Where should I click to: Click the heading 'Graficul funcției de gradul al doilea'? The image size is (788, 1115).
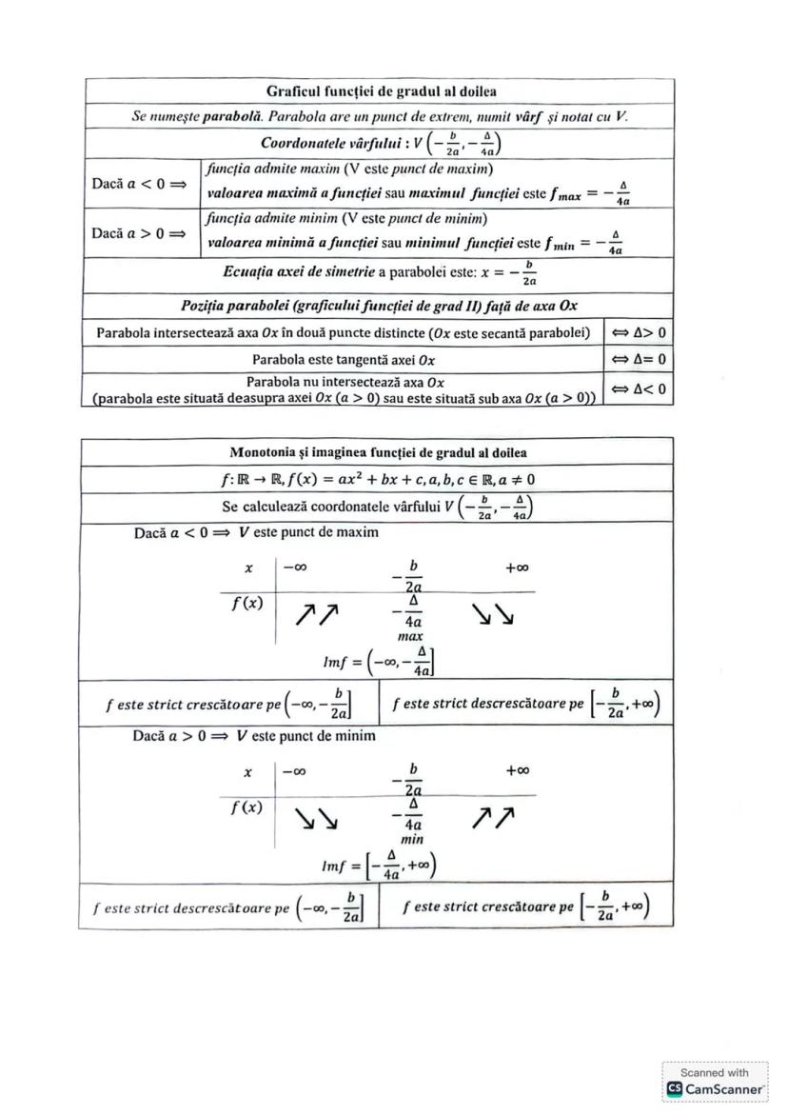point(381,91)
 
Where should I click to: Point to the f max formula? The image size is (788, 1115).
point(590,193)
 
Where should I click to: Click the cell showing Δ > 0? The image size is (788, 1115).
point(638,333)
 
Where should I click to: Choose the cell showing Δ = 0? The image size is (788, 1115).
point(638,360)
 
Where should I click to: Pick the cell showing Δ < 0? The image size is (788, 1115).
point(638,388)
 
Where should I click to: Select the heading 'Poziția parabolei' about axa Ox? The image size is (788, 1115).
point(379,306)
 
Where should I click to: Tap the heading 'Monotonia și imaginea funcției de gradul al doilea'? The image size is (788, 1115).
point(378,452)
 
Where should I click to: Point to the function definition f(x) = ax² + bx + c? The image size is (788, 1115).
point(378,479)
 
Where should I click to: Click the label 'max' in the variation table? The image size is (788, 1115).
point(410,635)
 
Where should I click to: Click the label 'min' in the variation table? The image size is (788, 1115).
point(411,840)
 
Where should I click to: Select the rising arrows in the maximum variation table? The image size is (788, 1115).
point(316,616)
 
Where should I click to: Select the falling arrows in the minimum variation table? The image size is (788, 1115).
point(314,819)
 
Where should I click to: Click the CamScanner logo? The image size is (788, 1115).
point(716,1087)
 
